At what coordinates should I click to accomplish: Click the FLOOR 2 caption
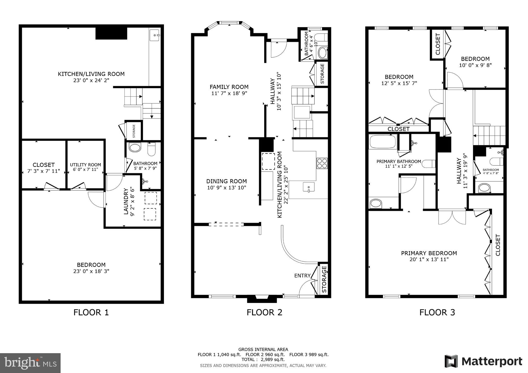264,312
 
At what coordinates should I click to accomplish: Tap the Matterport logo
483,361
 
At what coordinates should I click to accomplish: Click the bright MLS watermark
30,363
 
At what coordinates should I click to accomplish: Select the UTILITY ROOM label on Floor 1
85,165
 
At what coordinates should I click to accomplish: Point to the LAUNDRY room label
126,201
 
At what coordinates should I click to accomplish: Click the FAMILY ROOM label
229,87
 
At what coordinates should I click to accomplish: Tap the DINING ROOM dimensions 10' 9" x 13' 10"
226,188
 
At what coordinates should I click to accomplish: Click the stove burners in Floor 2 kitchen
322,163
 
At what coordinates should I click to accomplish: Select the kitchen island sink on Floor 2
309,187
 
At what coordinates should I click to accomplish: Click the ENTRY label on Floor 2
302,276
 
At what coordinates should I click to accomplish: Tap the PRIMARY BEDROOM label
429,253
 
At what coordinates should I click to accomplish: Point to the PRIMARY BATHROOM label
399,162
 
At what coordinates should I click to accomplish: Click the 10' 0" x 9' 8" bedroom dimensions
475,65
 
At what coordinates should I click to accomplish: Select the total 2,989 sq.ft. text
263,359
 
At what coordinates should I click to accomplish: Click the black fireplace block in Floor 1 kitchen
111,33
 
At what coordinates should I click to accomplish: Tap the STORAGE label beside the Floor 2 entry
324,279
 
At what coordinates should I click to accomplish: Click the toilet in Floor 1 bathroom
152,150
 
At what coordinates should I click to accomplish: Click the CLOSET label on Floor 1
44,165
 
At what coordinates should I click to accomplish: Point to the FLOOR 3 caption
437,312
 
